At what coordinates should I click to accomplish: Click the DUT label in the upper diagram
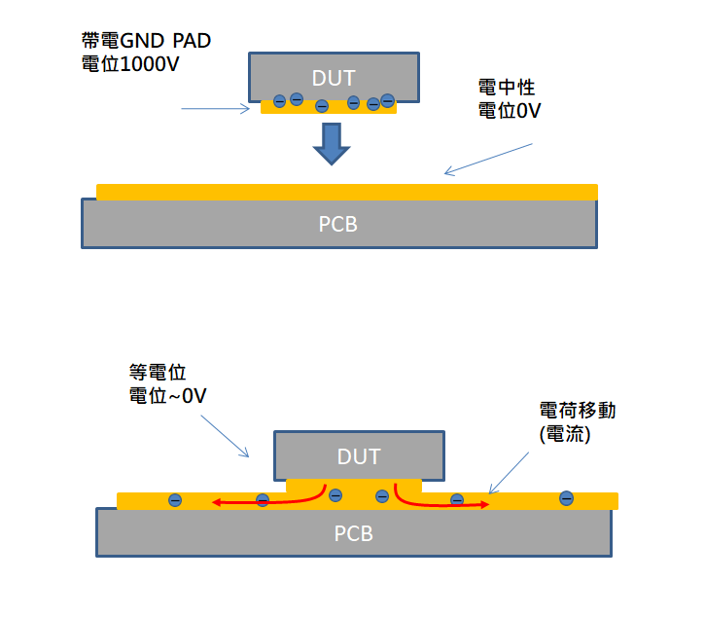tap(334, 77)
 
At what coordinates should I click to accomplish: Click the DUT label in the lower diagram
tap(359, 456)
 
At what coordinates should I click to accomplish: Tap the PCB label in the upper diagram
tap(338, 224)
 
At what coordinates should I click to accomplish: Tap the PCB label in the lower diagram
tap(354, 533)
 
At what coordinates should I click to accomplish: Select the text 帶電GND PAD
tap(146, 42)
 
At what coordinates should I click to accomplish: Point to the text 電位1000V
tap(131, 65)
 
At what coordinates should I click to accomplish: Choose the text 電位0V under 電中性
tap(510, 111)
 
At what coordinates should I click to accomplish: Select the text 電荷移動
tap(577, 412)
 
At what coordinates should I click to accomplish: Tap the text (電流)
tap(564, 435)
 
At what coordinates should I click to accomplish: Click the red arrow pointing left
tap(263, 500)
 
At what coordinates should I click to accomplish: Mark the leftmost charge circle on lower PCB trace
tap(175, 500)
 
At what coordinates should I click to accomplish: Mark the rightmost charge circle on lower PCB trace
tap(566, 498)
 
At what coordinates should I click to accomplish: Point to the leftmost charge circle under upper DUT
tap(279, 100)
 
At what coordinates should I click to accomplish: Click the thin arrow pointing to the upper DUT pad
tap(216, 109)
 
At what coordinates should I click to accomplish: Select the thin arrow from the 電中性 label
tap(489, 160)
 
